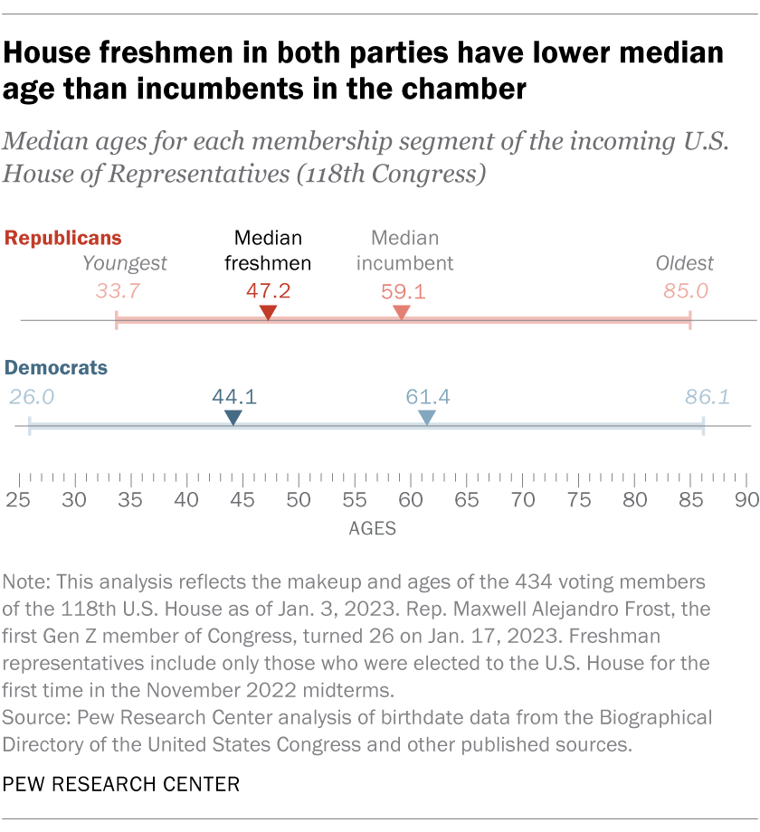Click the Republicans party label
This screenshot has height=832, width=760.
[63, 238]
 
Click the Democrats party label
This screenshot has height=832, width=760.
[56, 367]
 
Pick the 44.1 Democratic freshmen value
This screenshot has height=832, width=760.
[233, 396]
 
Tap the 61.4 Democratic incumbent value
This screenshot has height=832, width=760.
[427, 396]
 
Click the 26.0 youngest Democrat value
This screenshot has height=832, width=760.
[32, 396]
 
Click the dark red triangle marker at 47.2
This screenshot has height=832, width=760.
[268, 312]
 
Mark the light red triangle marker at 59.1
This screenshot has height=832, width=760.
[402, 312]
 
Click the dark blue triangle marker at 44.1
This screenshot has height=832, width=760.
[233, 417]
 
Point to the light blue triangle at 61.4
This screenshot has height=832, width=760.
[427, 417]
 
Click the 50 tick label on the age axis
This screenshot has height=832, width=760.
[299, 499]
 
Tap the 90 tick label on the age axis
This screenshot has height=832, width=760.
[746, 499]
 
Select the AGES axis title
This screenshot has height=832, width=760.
[373, 529]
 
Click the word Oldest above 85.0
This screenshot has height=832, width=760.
[685, 263]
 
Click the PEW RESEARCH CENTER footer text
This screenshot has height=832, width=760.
[122, 784]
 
